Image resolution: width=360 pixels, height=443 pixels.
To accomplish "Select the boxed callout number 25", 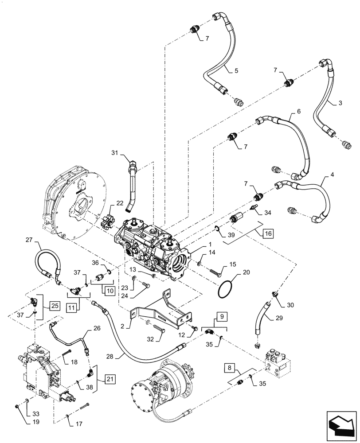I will coord(55,305).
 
